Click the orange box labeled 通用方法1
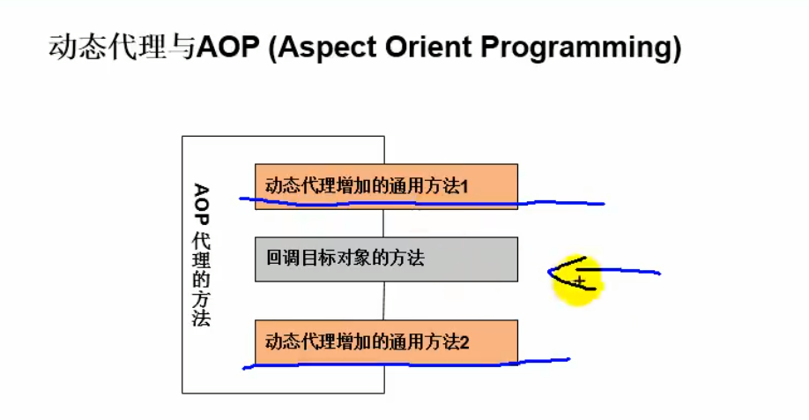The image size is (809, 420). (386, 185)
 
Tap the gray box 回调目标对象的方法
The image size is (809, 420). (386, 259)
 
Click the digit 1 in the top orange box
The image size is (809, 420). (460, 186)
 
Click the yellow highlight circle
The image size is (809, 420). (578, 281)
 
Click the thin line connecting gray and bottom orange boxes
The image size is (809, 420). (384, 301)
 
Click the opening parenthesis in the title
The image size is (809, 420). (271, 49)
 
